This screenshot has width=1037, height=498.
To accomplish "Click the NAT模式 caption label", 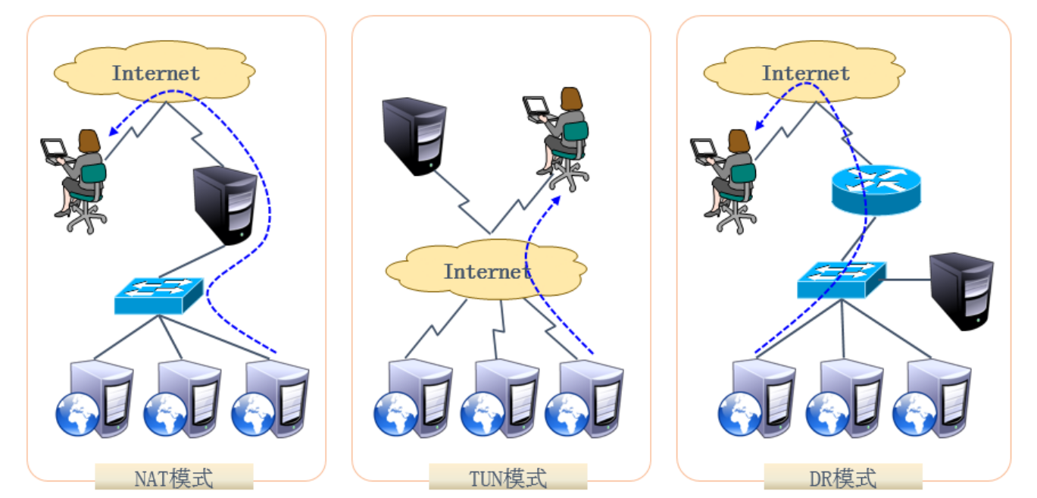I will [173, 478].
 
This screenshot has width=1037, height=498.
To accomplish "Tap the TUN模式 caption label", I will [508, 478].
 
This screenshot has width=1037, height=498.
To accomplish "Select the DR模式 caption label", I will [842, 478].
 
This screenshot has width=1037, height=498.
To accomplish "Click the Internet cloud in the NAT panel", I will [155, 73].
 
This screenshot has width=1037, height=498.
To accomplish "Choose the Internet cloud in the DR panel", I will [804, 73].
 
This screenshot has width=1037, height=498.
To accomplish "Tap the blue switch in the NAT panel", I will [159, 296].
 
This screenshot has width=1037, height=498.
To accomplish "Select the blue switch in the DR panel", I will [842, 279].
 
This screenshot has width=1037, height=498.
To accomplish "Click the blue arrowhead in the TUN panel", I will [557, 198].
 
